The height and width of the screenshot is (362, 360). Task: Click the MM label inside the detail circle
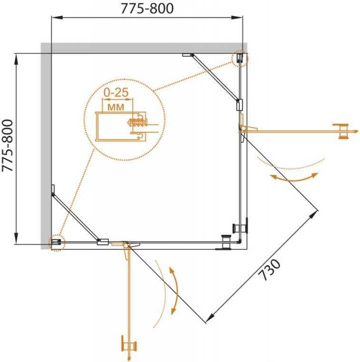[x=115, y=107]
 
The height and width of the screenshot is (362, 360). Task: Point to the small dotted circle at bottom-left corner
[x=57, y=243]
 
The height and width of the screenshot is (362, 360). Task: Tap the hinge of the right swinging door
[x=244, y=129]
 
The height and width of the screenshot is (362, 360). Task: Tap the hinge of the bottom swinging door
[x=126, y=245]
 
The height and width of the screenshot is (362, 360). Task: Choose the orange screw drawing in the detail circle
[x=136, y=122]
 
